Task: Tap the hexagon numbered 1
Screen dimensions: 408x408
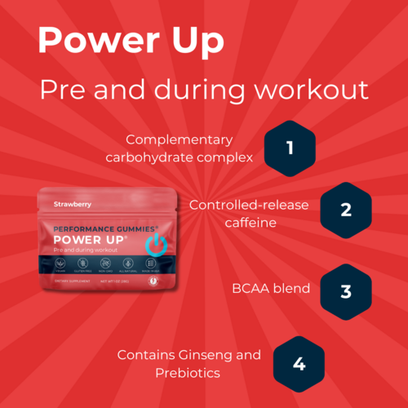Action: tap(289, 149)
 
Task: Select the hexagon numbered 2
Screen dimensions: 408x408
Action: tap(345, 209)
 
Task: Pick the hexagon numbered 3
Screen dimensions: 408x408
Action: tap(345, 291)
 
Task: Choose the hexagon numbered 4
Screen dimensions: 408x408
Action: tap(299, 363)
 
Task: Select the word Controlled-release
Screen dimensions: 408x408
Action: tap(249, 204)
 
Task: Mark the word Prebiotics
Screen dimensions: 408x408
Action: tap(189, 373)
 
